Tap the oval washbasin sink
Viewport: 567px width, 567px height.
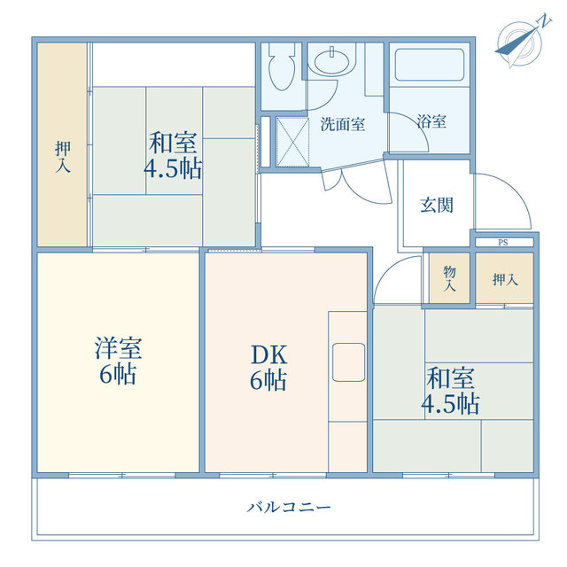point(332,62)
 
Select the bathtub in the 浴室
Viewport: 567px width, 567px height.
point(429,65)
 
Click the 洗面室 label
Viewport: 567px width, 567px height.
point(343,124)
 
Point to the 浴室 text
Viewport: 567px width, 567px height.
point(431,121)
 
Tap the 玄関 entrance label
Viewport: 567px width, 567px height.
point(437,206)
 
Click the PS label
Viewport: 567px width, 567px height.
point(502,243)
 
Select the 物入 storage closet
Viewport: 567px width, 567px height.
point(449,278)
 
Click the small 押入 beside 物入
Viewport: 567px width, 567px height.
point(504,278)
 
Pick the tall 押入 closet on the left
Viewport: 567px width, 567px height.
point(62,144)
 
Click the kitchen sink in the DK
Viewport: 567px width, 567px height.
point(348,362)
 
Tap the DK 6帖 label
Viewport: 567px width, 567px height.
point(268,368)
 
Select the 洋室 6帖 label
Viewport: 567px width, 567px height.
point(118,361)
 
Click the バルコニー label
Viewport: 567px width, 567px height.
point(289,508)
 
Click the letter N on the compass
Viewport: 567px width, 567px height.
point(545,21)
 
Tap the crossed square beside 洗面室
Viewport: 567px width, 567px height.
point(292,142)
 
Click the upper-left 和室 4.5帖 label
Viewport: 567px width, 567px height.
point(173,156)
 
